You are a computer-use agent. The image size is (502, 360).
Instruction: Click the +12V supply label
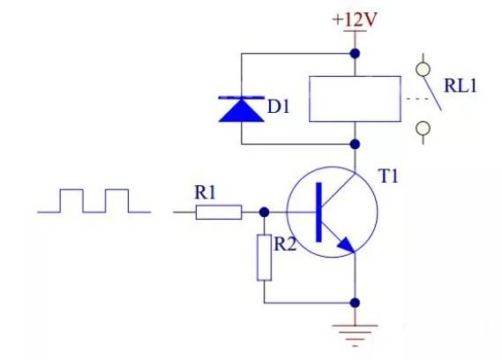click(355, 20)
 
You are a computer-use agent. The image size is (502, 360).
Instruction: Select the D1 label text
click(278, 107)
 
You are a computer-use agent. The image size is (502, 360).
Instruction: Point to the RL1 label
click(461, 86)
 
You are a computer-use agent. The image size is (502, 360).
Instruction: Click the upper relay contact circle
click(423, 69)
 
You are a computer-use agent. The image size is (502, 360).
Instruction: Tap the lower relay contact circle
click(423, 129)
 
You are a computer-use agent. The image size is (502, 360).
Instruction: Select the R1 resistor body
click(219, 212)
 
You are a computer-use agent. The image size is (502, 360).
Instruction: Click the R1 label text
click(206, 192)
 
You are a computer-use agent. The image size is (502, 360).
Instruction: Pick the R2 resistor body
click(265, 258)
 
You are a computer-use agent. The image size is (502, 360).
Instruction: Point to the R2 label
click(285, 244)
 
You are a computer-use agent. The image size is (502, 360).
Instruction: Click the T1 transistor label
click(388, 176)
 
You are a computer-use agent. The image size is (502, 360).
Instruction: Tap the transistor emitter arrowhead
click(346, 245)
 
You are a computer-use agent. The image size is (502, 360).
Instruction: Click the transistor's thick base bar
click(318, 212)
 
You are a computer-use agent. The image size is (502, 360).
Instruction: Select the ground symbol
click(355, 335)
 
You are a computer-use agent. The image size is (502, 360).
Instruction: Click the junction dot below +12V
click(355, 53)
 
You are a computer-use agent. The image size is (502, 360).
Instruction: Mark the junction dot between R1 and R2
click(264, 212)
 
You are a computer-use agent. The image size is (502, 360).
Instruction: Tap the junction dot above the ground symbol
click(355, 303)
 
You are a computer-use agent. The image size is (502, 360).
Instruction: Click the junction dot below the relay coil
click(355, 145)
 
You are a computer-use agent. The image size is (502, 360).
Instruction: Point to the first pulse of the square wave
click(71, 190)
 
